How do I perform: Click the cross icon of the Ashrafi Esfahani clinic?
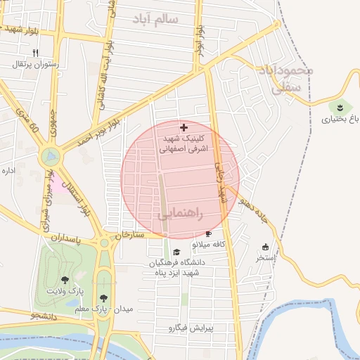click(x=184, y=127)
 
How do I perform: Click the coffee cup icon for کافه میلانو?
click(x=208, y=233)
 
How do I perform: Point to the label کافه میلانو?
click(x=208, y=244)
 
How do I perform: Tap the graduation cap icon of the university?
click(x=176, y=252)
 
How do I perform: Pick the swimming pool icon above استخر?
click(x=265, y=247)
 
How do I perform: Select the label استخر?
click(x=265, y=257)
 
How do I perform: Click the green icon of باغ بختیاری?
click(x=340, y=107)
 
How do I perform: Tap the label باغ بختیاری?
click(x=340, y=119)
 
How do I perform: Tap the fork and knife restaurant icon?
click(x=35, y=53)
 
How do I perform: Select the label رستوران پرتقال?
click(x=35, y=64)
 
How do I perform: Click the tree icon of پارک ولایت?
click(x=65, y=280)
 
